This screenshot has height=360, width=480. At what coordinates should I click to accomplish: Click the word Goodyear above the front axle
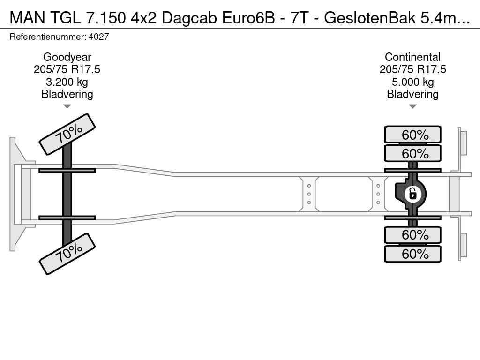click(x=67, y=57)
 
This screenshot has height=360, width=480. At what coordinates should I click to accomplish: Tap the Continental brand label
click(x=412, y=57)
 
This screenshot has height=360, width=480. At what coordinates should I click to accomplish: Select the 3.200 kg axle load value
click(x=67, y=82)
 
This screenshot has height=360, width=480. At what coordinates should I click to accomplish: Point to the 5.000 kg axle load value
click(x=412, y=82)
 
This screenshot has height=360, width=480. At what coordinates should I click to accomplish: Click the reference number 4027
click(x=98, y=37)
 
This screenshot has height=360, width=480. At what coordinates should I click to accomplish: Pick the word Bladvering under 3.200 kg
click(x=67, y=94)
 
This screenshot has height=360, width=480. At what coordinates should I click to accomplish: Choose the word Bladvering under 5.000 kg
click(x=412, y=94)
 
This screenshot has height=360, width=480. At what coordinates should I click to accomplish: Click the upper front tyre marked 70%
click(x=67, y=135)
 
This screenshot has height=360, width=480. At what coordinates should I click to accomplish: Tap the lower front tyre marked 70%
click(x=67, y=254)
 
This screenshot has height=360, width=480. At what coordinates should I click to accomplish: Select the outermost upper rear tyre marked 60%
click(x=412, y=135)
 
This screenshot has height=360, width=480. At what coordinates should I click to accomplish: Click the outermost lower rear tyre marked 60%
click(x=412, y=254)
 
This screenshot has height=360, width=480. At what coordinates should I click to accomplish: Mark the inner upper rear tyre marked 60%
click(x=412, y=153)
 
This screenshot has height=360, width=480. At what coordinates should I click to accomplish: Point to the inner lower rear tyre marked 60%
click(x=412, y=235)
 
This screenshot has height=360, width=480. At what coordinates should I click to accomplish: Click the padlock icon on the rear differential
click(x=412, y=194)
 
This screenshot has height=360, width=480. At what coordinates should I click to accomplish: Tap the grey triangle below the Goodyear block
click(x=67, y=106)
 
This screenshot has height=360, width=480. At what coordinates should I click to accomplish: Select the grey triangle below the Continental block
click(x=412, y=106)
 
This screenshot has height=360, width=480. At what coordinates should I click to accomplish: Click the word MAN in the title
click(x=28, y=18)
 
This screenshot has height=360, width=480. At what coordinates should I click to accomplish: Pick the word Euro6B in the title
click(x=248, y=18)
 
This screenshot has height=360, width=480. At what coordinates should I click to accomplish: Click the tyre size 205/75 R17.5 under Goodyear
click(x=67, y=69)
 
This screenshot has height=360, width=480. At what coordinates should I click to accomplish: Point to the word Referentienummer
click(x=48, y=37)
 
